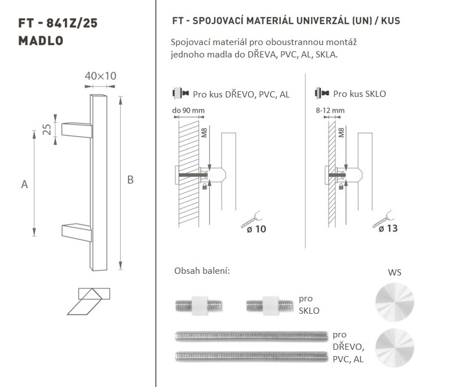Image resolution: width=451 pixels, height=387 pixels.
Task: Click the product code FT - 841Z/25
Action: [58, 23]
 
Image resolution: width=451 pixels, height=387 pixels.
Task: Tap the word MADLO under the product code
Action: [41, 41]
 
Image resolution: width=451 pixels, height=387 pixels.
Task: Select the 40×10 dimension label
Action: [100, 76]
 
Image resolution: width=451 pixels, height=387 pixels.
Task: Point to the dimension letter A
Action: [24, 184]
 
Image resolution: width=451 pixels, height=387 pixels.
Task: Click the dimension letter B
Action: [130, 180]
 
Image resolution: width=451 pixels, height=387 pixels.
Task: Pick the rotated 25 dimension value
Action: [47, 130]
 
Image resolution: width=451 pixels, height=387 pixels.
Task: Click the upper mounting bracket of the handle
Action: [77, 130]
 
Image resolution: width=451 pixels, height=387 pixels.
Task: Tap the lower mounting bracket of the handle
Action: [77, 232]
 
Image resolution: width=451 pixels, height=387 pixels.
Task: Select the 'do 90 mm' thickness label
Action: [188, 110]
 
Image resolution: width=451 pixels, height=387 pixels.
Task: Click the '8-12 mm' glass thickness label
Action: [330, 110]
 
